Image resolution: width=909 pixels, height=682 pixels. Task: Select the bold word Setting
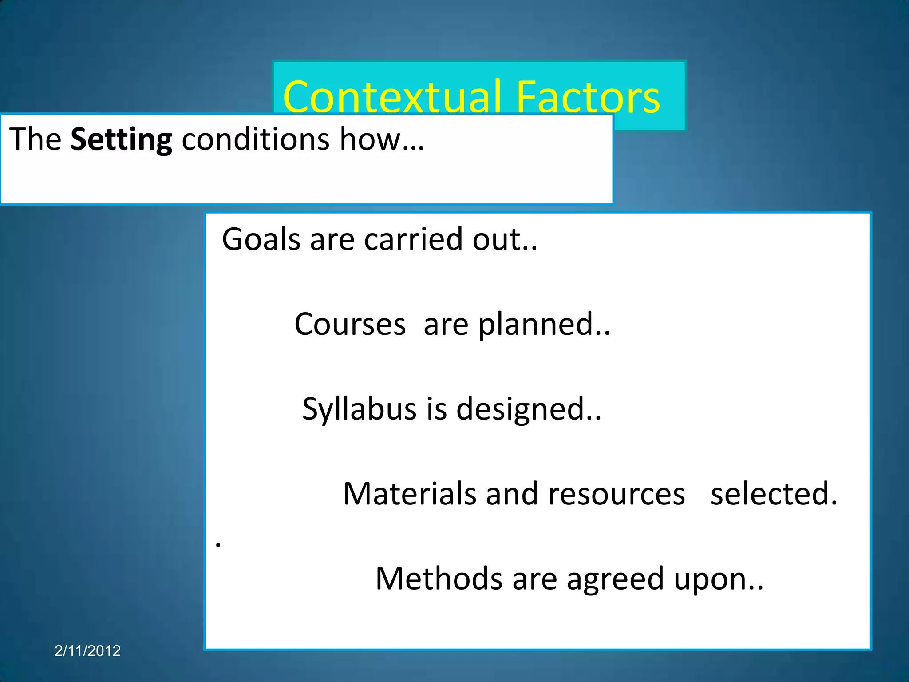click(x=121, y=139)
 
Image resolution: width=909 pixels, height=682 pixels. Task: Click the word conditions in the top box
click(x=256, y=139)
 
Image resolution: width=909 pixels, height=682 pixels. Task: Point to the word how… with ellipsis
click(x=382, y=139)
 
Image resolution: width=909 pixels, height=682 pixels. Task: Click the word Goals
click(x=261, y=240)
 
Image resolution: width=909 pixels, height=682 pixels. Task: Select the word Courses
click(x=350, y=324)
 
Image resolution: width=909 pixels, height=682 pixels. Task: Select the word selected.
click(x=773, y=494)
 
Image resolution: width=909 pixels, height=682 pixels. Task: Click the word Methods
click(x=439, y=579)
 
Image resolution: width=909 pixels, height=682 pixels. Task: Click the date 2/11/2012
click(x=87, y=651)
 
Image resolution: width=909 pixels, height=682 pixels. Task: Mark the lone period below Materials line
click(x=218, y=545)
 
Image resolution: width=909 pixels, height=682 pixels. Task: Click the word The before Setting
click(x=35, y=139)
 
